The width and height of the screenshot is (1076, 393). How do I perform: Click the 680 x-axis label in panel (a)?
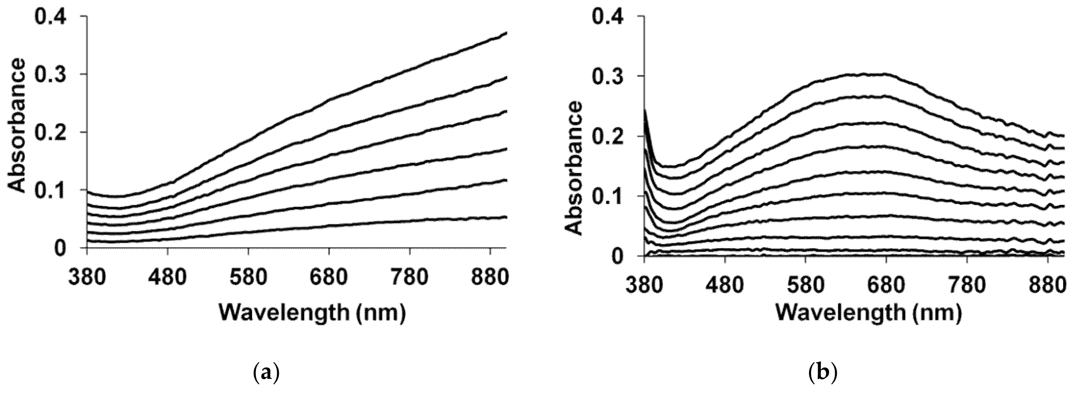pyautogui.click(x=329, y=277)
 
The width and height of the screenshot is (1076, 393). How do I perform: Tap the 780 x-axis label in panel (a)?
pyautogui.click(x=410, y=277)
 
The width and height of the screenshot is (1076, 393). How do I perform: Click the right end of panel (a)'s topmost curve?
pyautogui.click(x=506, y=33)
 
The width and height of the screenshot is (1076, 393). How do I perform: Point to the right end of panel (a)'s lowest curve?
pyautogui.click(x=506, y=217)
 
